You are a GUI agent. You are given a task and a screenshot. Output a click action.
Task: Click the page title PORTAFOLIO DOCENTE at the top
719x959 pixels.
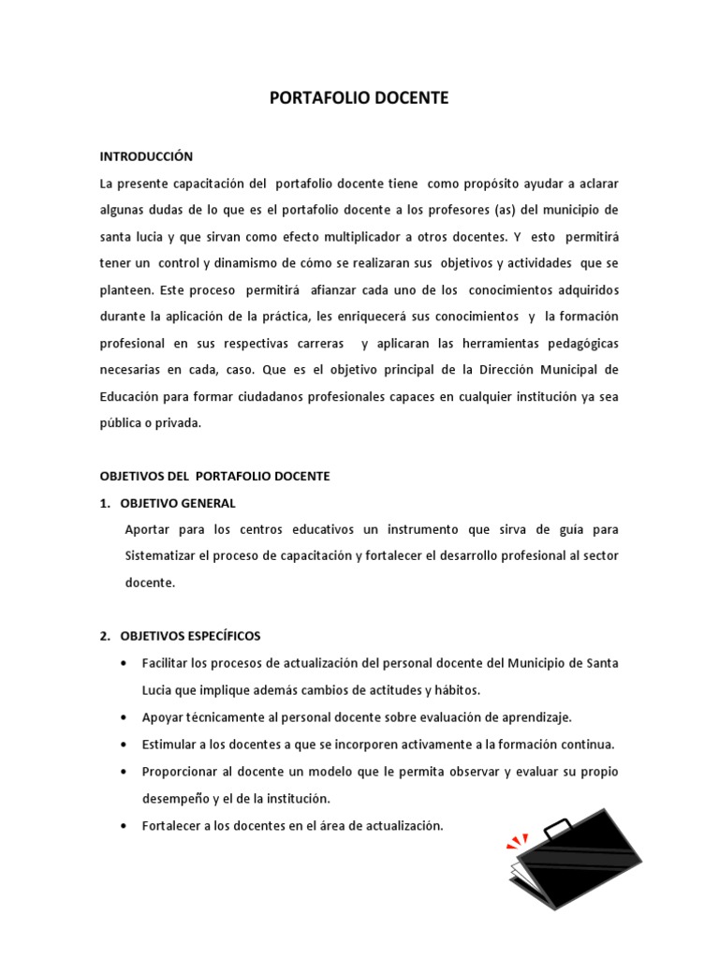359,97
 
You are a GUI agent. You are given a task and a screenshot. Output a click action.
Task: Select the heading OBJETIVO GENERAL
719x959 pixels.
178,503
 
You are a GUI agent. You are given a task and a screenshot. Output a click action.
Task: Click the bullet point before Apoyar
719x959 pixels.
125,717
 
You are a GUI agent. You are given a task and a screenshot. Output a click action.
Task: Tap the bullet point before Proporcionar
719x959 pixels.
125,772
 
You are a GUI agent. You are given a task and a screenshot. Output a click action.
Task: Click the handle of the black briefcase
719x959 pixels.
558,826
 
